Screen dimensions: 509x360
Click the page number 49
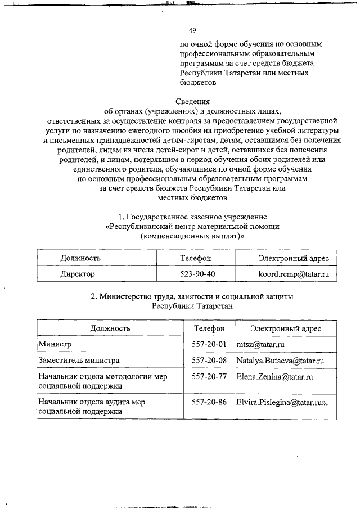pos(192,30)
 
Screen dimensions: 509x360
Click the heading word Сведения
pos(192,102)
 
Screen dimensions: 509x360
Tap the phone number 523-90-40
pos(195,274)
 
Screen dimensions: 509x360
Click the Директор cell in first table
pos(78,274)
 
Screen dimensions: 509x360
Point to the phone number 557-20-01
pos(209,344)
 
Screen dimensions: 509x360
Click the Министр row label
pos(55,344)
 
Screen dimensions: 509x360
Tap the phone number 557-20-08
pos(209,360)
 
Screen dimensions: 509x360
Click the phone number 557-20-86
pos(209,402)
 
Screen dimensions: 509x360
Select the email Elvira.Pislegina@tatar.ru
pos(282,402)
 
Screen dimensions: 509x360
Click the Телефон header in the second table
pos(209,328)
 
